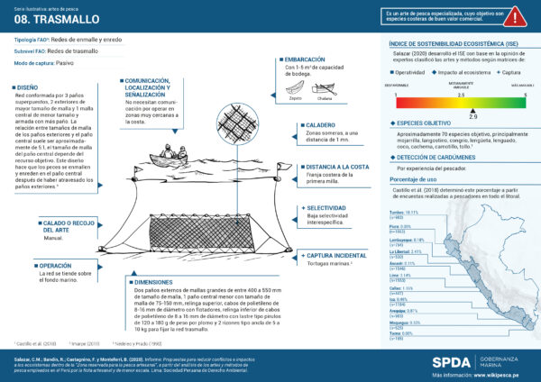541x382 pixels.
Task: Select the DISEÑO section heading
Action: [x=30, y=88]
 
